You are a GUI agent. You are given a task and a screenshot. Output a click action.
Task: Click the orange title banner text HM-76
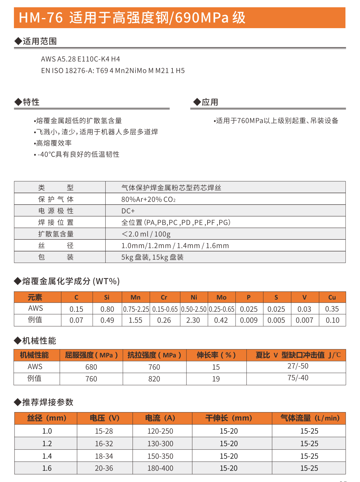41,18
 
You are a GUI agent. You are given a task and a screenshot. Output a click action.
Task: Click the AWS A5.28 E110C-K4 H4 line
80,59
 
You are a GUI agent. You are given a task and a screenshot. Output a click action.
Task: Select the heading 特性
31,102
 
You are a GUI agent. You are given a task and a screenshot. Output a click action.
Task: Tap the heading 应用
210,102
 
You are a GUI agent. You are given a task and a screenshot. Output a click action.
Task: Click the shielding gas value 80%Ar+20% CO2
148,199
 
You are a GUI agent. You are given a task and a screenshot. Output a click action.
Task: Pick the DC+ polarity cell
128,211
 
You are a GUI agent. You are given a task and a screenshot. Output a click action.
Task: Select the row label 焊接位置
56,222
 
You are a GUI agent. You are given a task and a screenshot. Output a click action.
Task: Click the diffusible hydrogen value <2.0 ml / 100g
146,234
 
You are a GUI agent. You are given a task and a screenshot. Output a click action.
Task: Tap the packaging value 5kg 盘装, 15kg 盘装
152,257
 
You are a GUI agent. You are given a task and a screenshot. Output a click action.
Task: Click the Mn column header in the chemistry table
135,297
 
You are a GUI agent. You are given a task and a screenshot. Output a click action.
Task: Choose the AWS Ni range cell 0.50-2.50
194,309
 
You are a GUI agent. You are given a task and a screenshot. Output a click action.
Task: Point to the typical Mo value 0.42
221,320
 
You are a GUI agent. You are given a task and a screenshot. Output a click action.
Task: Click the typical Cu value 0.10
332,320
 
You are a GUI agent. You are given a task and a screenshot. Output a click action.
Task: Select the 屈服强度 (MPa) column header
91,355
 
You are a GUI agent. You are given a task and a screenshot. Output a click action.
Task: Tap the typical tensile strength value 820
154,379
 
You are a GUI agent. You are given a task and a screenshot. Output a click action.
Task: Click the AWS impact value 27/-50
298,366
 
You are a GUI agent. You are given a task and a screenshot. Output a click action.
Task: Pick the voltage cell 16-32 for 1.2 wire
104,444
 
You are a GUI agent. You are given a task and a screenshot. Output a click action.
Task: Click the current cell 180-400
160,468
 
